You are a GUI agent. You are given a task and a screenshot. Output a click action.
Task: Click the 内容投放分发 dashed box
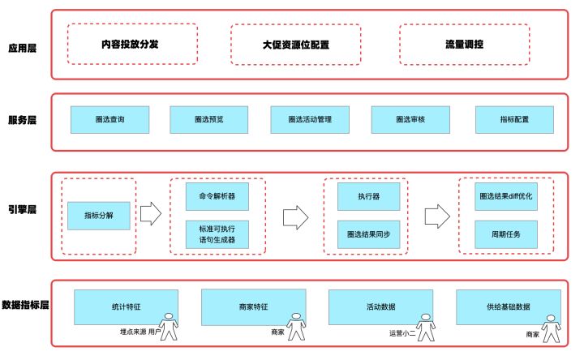point(131,45)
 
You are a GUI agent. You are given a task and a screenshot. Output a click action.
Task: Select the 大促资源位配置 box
point(296,45)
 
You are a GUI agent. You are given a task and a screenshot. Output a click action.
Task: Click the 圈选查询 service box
point(109,119)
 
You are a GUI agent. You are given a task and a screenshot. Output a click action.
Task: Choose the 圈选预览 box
point(208,119)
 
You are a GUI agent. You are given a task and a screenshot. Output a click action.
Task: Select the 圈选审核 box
point(410,119)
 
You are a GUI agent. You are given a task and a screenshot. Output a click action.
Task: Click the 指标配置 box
point(513,119)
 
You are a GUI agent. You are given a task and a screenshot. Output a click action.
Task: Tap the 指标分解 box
point(98,216)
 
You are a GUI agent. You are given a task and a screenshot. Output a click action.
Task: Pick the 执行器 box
point(367,196)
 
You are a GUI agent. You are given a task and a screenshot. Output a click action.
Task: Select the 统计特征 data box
point(126,306)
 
